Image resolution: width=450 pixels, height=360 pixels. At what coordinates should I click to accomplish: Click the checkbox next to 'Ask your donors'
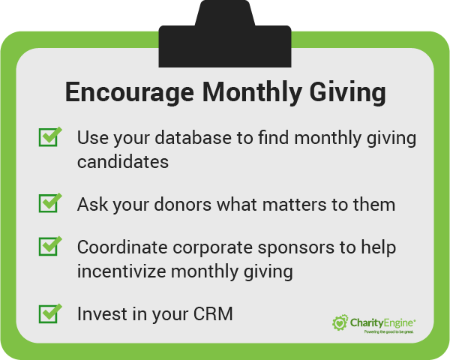point(49,202)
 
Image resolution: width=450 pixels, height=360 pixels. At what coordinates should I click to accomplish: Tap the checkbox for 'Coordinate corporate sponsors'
point(49,245)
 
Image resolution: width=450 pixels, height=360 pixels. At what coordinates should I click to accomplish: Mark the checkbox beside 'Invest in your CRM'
point(49,312)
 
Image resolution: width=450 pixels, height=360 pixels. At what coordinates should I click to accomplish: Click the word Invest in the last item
point(97,313)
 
